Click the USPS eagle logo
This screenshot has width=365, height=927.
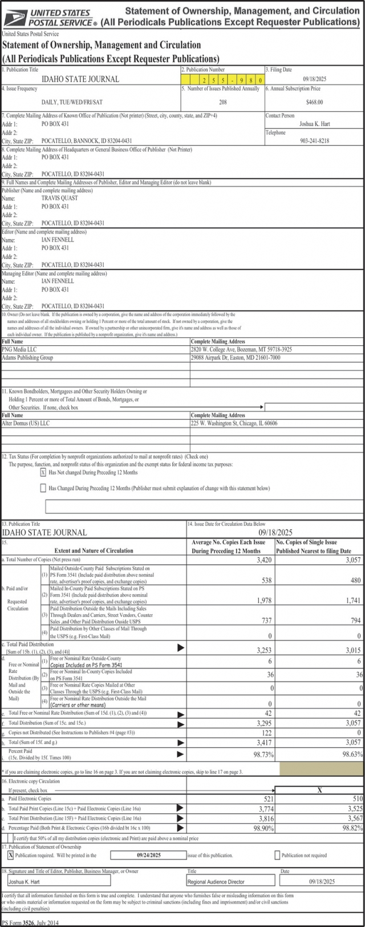(15, 17)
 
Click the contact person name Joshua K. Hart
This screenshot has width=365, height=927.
(314, 123)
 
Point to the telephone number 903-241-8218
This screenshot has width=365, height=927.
(314, 140)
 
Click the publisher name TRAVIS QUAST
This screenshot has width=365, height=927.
(59, 198)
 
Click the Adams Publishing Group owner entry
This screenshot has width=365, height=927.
(27, 357)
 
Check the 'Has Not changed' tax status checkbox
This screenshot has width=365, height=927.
(43, 473)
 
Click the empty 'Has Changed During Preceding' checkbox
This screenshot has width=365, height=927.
(43, 488)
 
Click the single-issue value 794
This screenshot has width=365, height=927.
(354, 620)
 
